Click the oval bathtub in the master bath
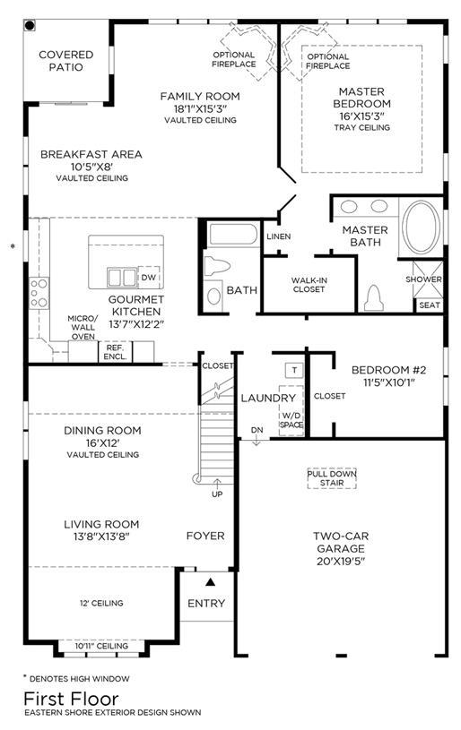click(421, 227)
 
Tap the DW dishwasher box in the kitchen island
click(149, 278)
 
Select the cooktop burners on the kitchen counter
click(39, 293)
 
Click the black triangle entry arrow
click(211, 581)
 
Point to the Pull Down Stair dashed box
click(332, 478)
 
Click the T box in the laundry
click(294, 370)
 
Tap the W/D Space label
click(291, 420)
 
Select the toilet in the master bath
click(374, 298)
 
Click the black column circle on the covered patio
click(30, 26)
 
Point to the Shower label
click(423, 279)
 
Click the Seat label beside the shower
click(430, 305)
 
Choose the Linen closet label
click(279, 236)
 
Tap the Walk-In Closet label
click(309, 285)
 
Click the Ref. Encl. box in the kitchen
click(115, 352)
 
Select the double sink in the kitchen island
click(122, 278)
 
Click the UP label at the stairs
click(217, 494)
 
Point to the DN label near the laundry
click(257, 430)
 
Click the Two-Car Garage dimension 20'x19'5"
click(341, 562)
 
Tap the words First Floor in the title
click(71, 699)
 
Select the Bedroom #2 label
click(388, 370)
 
